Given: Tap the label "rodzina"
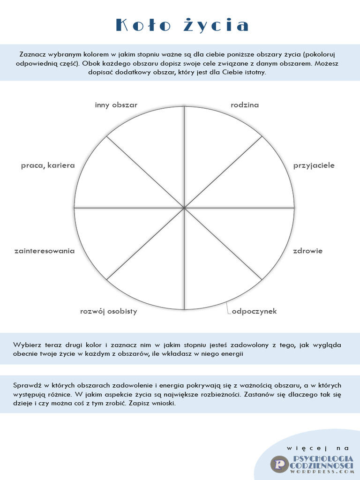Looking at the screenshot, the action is (245, 105).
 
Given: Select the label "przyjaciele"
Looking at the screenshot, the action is (314, 165).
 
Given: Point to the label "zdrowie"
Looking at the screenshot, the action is (307, 251).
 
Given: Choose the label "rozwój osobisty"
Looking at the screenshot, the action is (108, 311).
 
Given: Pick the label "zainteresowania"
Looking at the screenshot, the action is (45, 251).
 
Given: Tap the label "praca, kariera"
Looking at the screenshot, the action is (48, 165).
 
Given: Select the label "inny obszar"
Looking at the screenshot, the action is (116, 105).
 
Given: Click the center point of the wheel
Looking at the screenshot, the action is (184, 207).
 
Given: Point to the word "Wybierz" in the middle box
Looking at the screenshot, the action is (28, 345).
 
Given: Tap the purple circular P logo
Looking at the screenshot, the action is (279, 464).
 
